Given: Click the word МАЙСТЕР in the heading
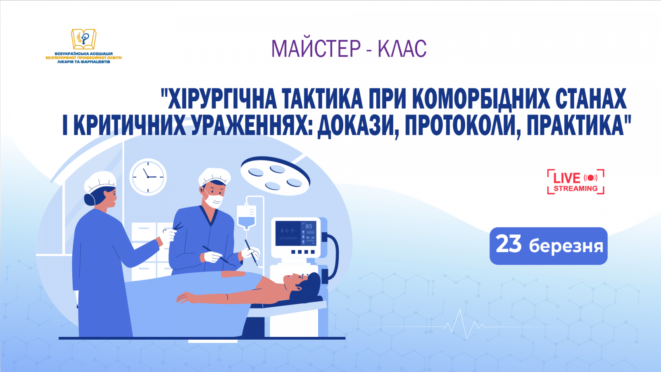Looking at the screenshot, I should (316, 49).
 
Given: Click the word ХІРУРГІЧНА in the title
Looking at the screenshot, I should (219, 99).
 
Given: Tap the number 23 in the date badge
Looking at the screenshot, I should (509, 244).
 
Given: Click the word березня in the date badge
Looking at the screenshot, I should (566, 246).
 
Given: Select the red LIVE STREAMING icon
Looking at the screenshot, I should (575, 181).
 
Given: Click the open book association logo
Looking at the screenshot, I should (84, 39).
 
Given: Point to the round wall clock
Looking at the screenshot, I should (148, 177).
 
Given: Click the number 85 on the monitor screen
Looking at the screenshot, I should (309, 227).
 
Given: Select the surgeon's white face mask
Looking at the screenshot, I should (214, 201).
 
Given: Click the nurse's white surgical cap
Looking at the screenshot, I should (100, 181).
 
